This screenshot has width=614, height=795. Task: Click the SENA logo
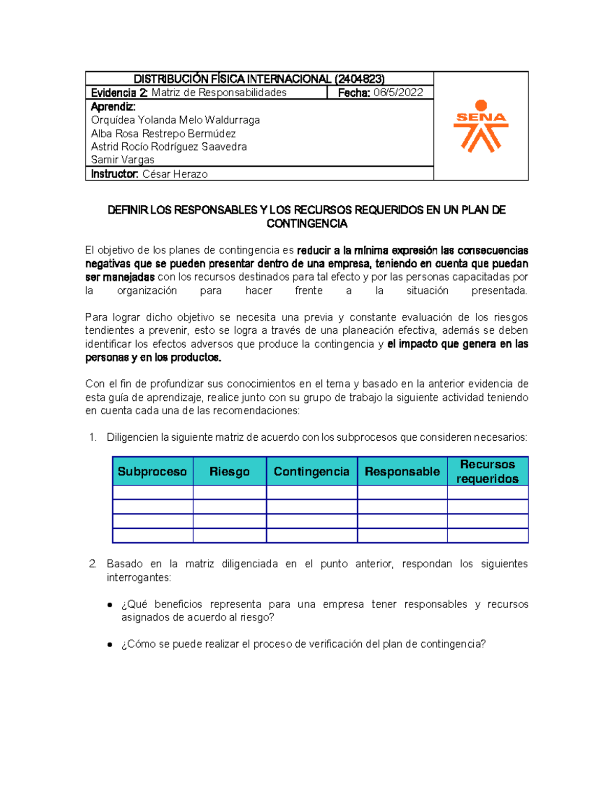click(480, 126)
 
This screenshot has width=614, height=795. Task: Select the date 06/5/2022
click(398, 93)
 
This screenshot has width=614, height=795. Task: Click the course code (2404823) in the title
click(359, 79)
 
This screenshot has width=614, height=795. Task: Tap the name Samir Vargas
click(122, 160)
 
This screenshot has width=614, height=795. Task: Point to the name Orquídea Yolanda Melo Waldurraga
click(175, 120)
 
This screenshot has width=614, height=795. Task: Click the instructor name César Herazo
click(175, 174)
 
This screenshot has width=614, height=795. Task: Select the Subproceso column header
click(152, 471)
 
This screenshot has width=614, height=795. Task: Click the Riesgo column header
click(229, 471)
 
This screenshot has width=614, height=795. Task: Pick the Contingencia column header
click(311, 471)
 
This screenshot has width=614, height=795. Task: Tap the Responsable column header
click(402, 471)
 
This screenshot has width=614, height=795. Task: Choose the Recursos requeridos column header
click(487, 471)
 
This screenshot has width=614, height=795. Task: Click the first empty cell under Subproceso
click(152, 492)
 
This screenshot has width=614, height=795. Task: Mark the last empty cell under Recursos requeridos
click(487, 535)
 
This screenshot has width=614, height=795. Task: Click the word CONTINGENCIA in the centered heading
click(306, 224)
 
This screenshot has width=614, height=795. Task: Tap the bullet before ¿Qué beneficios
click(109, 605)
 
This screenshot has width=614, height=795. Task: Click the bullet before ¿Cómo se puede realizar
click(109, 644)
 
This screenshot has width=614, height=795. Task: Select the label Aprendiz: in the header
click(113, 107)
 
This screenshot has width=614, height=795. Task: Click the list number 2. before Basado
click(93, 564)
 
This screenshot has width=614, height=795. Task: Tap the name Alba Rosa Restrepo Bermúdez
click(163, 134)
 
